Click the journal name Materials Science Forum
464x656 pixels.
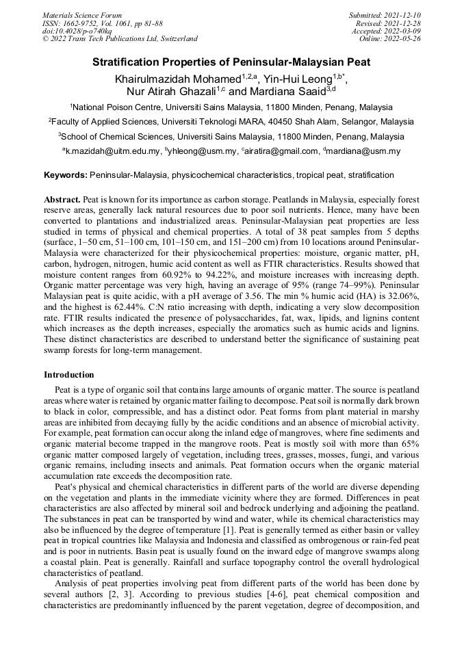(82, 15)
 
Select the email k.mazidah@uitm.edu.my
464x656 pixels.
(112, 151)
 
